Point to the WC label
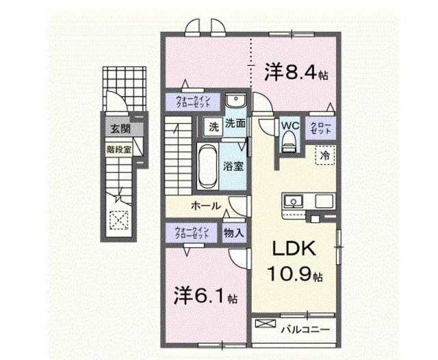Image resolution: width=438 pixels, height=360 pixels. [288, 126]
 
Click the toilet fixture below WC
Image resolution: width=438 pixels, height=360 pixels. [288, 142]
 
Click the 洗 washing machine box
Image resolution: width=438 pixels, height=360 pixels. [213, 127]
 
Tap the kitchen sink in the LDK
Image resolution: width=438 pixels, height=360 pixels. [294, 202]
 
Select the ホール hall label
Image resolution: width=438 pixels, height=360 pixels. [205, 205]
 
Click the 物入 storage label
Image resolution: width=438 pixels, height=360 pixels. [233, 233]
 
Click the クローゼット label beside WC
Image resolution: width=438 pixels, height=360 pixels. [320, 127]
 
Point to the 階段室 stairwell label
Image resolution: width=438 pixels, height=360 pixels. [118, 146]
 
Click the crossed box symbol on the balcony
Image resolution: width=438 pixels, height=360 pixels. [265, 322]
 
